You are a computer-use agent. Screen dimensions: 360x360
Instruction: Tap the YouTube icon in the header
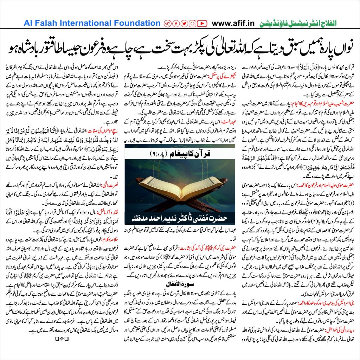coord(201,24)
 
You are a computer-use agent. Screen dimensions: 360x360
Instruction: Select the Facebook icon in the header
coord(176,24)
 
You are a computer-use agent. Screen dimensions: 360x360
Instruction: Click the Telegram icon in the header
coord(167,24)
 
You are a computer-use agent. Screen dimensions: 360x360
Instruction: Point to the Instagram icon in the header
coord(193,24)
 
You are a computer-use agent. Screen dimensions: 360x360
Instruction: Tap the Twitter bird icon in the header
coord(184,24)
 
